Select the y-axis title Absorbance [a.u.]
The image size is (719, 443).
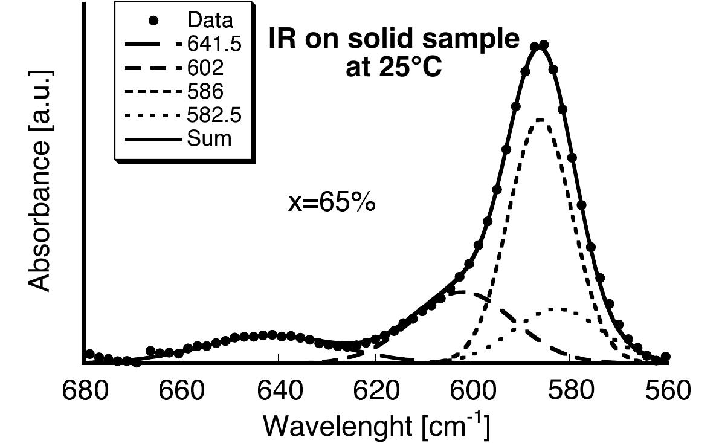click(41, 181)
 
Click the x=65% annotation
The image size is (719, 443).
click(332, 202)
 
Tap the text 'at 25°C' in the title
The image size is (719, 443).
click(393, 68)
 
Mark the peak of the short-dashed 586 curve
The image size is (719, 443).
click(540, 119)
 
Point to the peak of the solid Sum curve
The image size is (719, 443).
click(539, 46)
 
